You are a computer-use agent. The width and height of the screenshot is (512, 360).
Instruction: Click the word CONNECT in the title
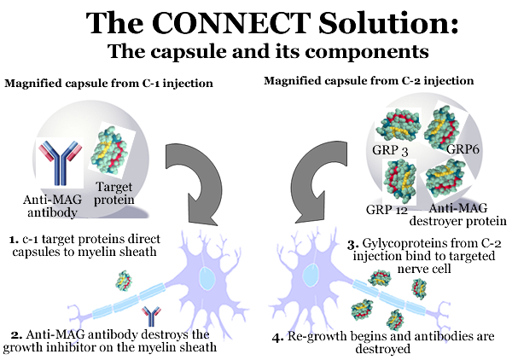(230, 23)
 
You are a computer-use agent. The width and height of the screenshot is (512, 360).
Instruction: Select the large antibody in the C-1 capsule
(61, 162)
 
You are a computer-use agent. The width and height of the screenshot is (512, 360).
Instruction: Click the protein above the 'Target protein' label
(113, 151)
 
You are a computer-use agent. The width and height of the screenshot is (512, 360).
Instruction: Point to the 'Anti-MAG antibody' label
(52, 206)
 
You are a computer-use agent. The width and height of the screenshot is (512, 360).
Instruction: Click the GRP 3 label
(390, 150)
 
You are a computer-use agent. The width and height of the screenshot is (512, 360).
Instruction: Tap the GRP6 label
(463, 149)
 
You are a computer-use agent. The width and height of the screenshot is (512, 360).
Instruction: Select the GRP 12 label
(387, 210)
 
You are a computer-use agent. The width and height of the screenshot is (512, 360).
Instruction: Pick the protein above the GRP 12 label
(399, 181)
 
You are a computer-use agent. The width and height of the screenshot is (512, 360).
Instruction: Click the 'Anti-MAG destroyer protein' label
(457, 214)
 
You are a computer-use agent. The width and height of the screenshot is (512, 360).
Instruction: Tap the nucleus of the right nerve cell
(311, 275)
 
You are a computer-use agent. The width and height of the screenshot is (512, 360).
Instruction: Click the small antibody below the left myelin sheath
(151, 316)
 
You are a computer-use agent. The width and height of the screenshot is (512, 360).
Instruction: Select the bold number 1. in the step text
(14, 240)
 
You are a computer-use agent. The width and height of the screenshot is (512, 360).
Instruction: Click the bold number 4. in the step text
(278, 337)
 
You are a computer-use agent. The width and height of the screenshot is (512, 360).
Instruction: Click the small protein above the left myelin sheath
(124, 280)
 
